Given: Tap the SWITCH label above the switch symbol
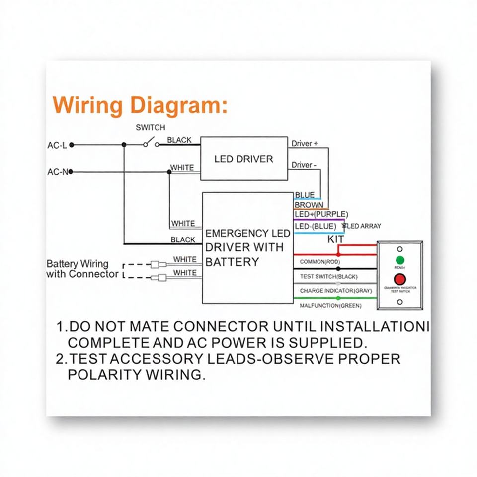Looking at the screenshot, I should pos(151,128).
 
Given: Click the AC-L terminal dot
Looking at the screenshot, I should pos(72,145).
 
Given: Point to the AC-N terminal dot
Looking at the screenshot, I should pos(71,172).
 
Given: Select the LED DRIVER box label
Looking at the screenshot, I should pos(243,159).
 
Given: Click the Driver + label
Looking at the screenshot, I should pos(304,144).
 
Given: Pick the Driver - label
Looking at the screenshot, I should pos(303,165).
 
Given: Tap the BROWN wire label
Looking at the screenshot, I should pos(309,205).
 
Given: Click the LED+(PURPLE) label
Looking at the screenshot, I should pos(321,214).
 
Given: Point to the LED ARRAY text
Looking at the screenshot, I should pos(366,226).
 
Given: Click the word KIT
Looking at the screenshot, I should pos(336,239).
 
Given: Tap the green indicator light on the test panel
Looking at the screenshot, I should pos(399,260).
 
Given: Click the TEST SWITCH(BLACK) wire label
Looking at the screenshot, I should pos(328,276).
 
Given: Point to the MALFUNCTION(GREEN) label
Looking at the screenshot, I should pos(330,305).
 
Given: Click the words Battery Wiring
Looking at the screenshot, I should pos(77,264).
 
